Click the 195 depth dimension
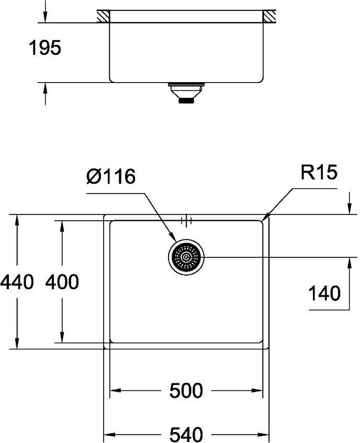[x=44, y=49]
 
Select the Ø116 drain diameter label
[x=110, y=176]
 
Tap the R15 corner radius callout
[x=318, y=173]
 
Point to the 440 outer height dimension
[x=17, y=282]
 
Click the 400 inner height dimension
[x=62, y=282]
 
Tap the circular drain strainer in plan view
[x=186, y=257]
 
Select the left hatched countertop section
[x=103, y=16]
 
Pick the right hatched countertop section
[x=270, y=16]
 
